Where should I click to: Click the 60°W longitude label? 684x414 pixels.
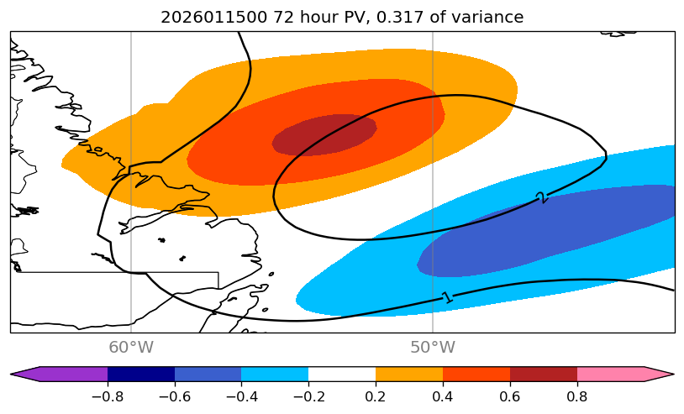point(131,348)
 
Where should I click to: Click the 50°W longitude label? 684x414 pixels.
point(433,348)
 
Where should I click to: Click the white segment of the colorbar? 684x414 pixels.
point(342,375)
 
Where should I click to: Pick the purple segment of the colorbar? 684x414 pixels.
point(71,375)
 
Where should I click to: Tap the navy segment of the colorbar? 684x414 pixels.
point(140,375)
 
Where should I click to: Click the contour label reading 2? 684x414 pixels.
point(540,197)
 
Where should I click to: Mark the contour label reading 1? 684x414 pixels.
point(446,297)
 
